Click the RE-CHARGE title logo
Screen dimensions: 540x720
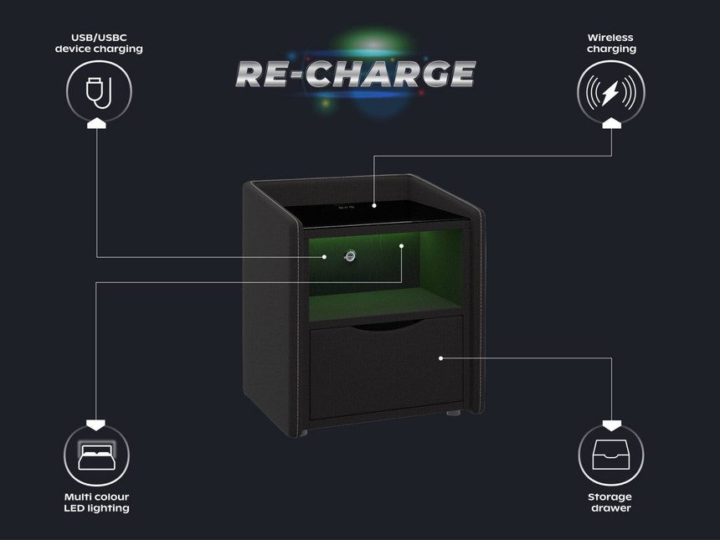tap(357, 74)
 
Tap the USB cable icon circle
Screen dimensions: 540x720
tap(98, 89)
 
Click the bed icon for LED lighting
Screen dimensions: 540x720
tap(98, 457)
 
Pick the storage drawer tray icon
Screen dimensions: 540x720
tap(611, 457)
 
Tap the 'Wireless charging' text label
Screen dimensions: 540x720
tap(611, 44)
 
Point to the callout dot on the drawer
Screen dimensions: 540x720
tap(440, 357)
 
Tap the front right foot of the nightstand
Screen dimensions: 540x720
tap(455, 414)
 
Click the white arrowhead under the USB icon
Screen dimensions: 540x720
tap(98, 123)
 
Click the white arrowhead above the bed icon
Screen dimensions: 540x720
tap(98, 421)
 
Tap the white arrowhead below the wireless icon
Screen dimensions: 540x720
tap(611, 123)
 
